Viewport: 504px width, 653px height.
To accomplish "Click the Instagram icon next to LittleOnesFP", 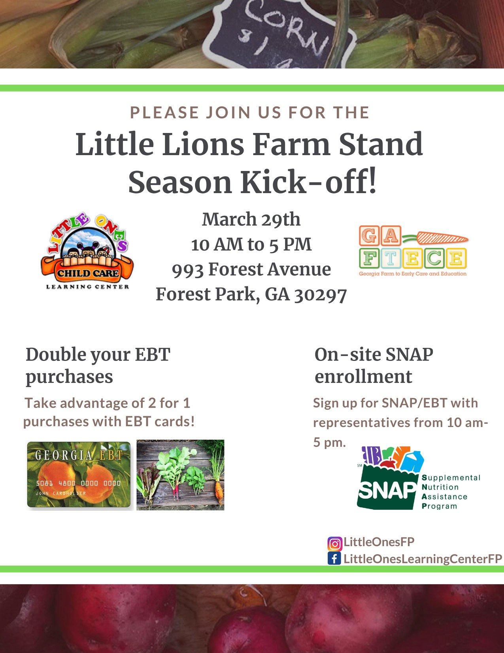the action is pyautogui.click(x=335, y=544).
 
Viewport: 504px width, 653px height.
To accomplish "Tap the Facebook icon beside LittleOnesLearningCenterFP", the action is pyautogui.click(x=334, y=559).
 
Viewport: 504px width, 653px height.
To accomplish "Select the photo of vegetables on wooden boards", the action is pyautogui.click(x=180, y=475).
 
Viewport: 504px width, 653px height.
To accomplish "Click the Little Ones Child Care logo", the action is pyautogui.click(x=87, y=251).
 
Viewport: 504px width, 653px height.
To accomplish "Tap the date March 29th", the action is pyautogui.click(x=251, y=219).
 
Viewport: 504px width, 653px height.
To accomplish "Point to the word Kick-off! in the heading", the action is pyautogui.click(x=308, y=182).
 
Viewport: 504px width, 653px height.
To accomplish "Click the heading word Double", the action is pyautogui.click(x=56, y=354).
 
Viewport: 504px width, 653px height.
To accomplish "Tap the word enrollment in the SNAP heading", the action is pyautogui.click(x=363, y=376).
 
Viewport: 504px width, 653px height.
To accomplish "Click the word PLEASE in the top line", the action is pyautogui.click(x=164, y=112).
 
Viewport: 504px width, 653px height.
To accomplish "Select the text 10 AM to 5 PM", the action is pyautogui.click(x=251, y=244).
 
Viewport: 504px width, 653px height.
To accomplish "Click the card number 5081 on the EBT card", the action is pyautogui.click(x=44, y=483).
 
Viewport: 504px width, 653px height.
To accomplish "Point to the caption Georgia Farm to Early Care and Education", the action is pyautogui.click(x=413, y=274).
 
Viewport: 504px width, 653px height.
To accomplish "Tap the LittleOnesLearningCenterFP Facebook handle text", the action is pyautogui.click(x=423, y=559).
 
